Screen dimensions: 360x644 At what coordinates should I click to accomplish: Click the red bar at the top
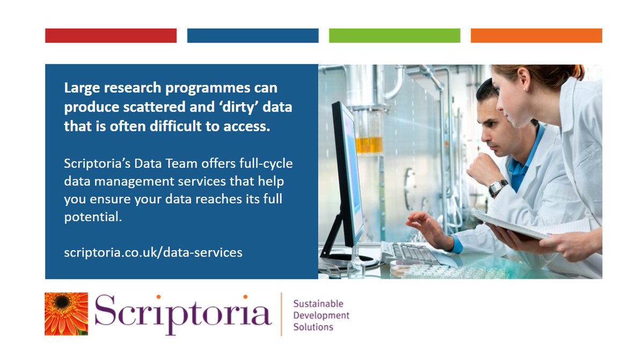111,35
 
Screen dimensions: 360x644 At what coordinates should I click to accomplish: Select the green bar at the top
394,35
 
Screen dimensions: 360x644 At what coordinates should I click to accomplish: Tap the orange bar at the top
536,35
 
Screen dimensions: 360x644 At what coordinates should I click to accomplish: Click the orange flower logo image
66,314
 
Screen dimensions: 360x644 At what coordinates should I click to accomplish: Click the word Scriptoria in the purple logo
182,314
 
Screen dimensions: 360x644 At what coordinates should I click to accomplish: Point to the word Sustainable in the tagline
318,304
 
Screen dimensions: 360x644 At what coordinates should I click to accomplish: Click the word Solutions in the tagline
313,327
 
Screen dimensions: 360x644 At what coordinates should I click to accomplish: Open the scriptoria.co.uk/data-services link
153,252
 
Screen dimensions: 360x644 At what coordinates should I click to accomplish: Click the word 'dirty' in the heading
238,107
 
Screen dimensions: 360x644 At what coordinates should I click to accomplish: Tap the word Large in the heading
82,87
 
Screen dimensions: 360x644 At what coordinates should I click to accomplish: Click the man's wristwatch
497,187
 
